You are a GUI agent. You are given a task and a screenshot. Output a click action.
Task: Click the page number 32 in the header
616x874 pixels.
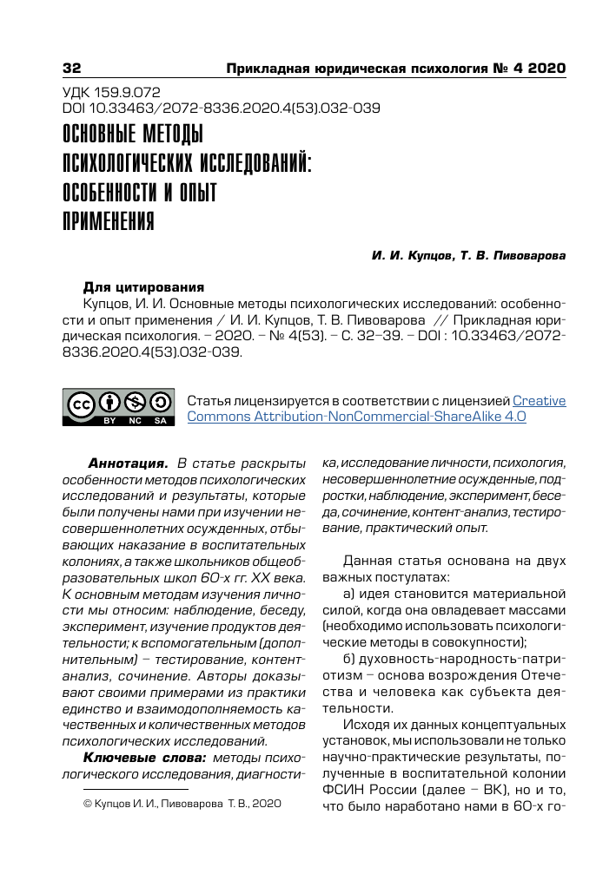(72, 69)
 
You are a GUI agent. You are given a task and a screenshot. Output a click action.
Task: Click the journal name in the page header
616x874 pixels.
(395, 69)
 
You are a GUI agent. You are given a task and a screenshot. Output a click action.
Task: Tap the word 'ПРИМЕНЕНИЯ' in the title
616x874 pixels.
(109, 220)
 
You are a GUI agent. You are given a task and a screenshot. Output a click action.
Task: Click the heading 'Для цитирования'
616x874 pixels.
(143, 287)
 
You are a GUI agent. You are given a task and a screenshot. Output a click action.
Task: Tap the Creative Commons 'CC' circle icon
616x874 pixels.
(83, 404)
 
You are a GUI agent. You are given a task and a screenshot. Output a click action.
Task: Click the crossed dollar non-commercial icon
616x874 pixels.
(136, 402)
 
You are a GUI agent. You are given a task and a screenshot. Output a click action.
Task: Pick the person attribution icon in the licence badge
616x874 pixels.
(109, 402)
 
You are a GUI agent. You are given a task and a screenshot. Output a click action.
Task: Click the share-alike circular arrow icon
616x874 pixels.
(161, 402)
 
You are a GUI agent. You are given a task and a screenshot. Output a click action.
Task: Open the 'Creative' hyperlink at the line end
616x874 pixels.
(539, 401)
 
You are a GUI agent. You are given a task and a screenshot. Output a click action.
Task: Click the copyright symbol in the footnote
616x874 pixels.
(86, 805)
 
